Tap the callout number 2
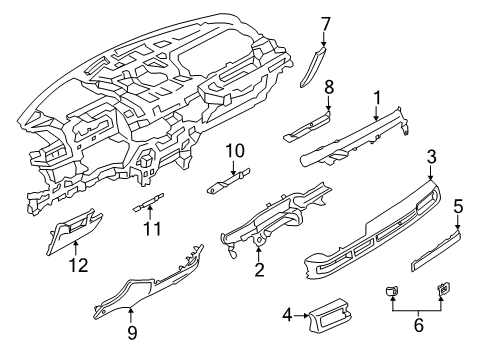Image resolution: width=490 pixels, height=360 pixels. pyautogui.click(x=259, y=270)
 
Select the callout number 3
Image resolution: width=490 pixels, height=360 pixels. pyautogui.click(x=431, y=157)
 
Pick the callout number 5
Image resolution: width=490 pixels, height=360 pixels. pyautogui.click(x=459, y=207)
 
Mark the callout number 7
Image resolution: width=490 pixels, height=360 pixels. pyautogui.click(x=326, y=22)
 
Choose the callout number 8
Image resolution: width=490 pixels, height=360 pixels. pyautogui.click(x=328, y=88)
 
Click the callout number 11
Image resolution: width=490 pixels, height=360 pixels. pyautogui.click(x=151, y=228)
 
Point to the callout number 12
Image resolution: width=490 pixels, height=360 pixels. pyautogui.click(x=77, y=265)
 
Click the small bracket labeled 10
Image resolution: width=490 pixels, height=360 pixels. pyautogui.click(x=227, y=181)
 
